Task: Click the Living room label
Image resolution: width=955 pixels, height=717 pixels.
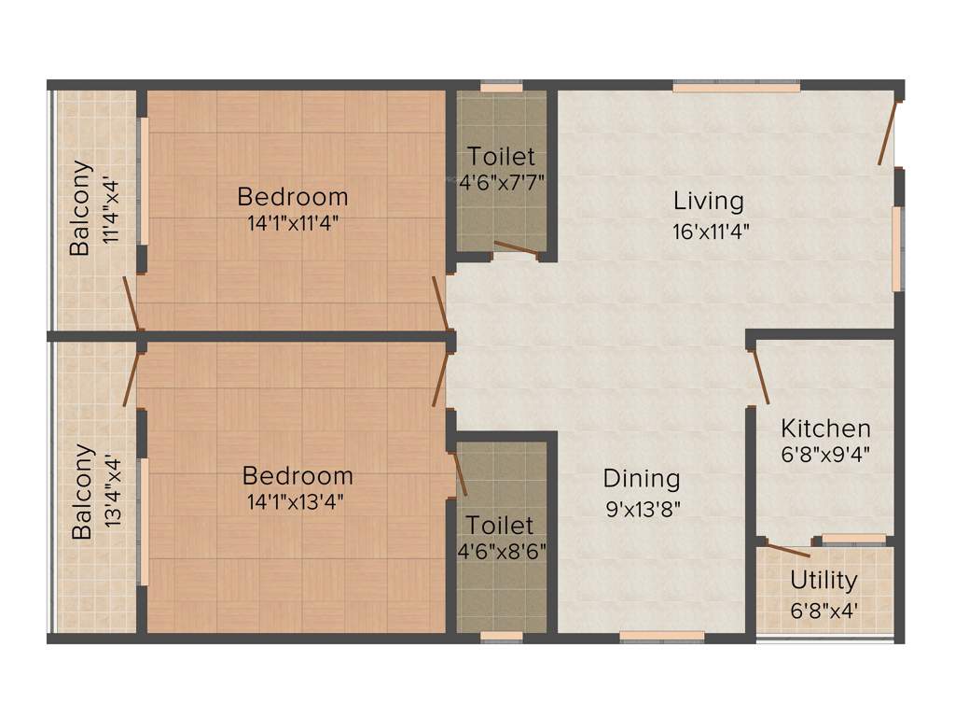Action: [709, 201]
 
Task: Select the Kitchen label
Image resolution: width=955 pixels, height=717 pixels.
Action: [825, 429]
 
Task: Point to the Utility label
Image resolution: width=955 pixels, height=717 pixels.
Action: [824, 581]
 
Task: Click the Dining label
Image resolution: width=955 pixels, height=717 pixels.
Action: [642, 480]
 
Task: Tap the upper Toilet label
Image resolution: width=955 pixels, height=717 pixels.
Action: [502, 156]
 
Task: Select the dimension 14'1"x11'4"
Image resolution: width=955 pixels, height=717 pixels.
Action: [293, 224]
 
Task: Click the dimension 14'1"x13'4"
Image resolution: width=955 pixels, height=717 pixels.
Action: [298, 501]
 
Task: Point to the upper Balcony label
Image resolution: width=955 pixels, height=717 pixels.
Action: [83, 208]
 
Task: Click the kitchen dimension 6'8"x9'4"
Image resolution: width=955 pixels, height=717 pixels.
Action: [825, 459]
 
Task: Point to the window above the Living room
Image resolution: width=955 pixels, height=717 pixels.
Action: [736, 88]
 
